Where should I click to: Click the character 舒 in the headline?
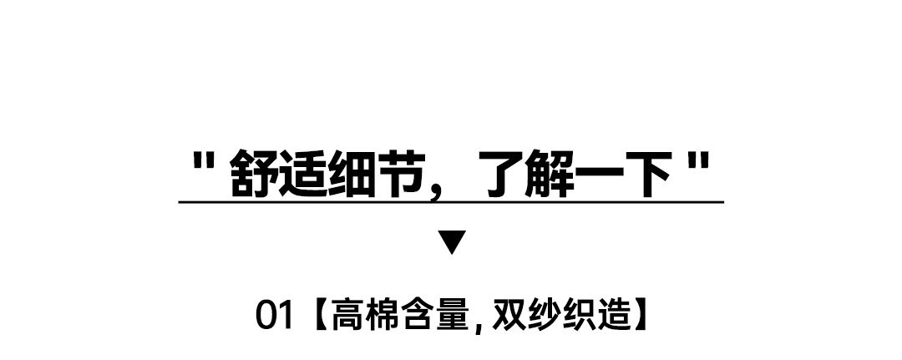click(254, 174)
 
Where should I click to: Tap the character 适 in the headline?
click(304, 174)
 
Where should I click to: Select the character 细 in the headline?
click(352, 174)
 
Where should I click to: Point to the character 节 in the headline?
click(402, 174)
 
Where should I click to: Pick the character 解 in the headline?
click(550, 174)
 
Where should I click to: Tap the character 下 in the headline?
click(648, 174)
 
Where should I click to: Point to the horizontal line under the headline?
click(451, 202)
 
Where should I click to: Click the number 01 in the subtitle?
click(275, 316)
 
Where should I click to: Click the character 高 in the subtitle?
click(348, 316)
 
